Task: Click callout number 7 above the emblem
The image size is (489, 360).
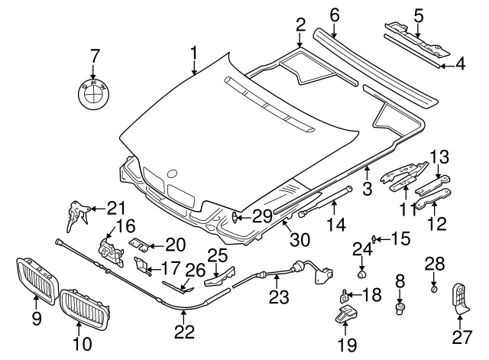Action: [x=96, y=56]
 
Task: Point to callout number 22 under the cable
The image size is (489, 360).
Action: [x=184, y=332]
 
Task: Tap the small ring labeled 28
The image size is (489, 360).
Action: [x=433, y=289]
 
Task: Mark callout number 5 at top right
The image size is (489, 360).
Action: [x=418, y=15]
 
